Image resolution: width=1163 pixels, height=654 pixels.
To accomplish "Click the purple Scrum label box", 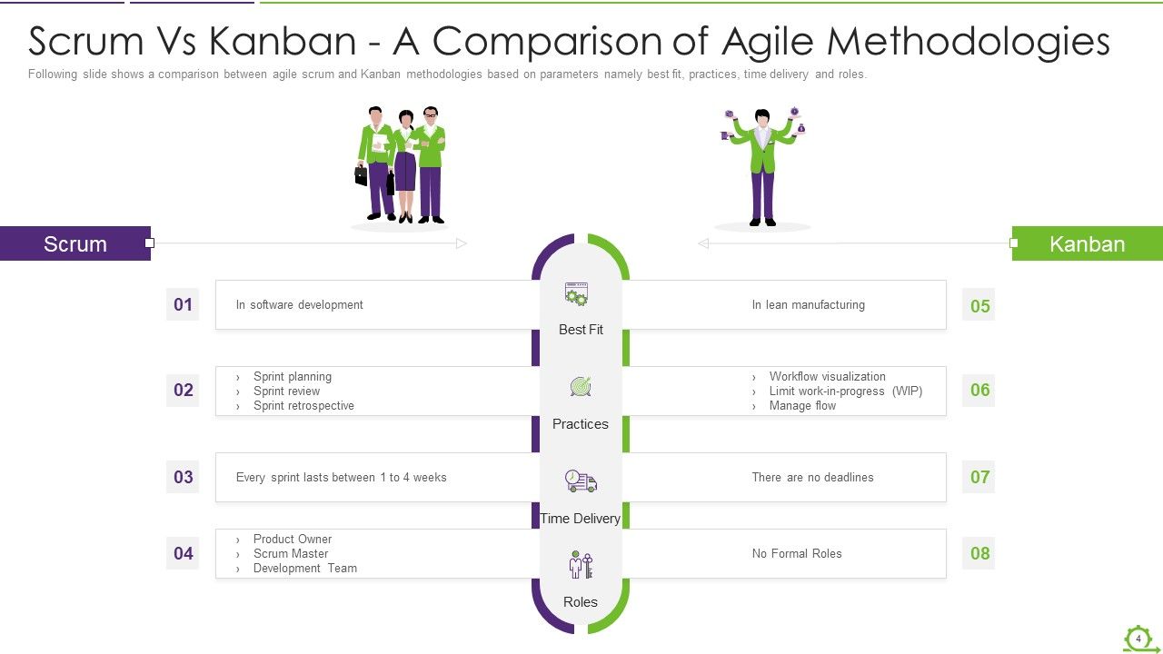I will click(75, 243).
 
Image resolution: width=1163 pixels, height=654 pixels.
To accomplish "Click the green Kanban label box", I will click(1087, 243).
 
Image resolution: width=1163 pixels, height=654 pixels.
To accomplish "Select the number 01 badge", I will click(183, 304).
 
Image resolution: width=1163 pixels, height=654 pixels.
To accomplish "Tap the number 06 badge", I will click(979, 390).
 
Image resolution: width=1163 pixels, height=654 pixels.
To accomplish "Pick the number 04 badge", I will click(183, 553).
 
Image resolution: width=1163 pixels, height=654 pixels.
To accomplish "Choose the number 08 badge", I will click(979, 553).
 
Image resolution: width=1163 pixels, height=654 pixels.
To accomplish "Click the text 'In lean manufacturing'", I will click(808, 305).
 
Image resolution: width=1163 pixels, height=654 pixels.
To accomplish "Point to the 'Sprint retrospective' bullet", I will click(303, 406).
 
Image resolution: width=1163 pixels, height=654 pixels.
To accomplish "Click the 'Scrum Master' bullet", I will click(291, 553).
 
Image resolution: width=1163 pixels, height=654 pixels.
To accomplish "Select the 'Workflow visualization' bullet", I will click(827, 376).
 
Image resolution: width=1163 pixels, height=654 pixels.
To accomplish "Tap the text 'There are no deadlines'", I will click(812, 477).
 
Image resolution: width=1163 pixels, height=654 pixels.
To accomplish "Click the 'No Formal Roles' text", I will click(797, 553).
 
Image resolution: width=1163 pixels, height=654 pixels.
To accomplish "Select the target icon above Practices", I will click(581, 387).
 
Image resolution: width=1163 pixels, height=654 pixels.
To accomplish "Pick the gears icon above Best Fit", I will click(577, 294).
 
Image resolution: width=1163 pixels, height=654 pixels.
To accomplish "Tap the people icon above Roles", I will click(580, 564).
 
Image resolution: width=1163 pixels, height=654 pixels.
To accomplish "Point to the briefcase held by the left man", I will click(361, 174).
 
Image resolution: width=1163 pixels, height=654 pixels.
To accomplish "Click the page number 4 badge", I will click(1138, 639).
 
